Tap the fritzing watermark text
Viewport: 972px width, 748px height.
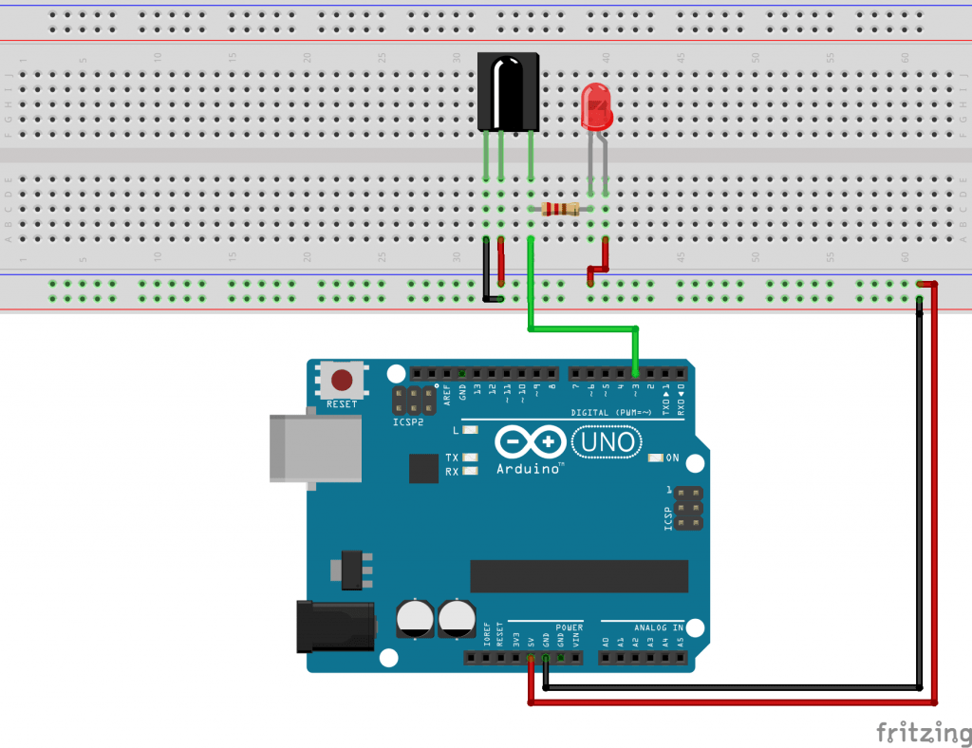tap(917, 732)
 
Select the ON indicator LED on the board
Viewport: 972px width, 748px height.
tap(654, 458)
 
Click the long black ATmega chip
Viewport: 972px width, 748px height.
tap(579, 575)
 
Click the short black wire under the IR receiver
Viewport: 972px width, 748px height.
tap(487, 271)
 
